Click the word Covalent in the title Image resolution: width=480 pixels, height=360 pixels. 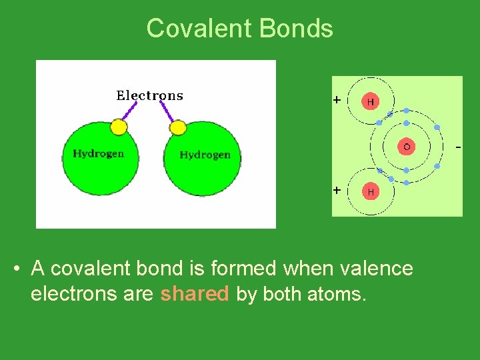[x=198, y=29]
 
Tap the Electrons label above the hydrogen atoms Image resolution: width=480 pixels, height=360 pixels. [x=149, y=95]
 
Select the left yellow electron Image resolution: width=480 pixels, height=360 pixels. [x=119, y=126]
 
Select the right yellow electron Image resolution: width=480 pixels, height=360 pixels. [x=177, y=127]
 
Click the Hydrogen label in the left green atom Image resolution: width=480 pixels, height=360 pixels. [x=99, y=153]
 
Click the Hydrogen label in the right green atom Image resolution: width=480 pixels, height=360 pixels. [x=205, y=155]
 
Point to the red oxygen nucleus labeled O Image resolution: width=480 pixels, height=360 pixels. [x=406, y=147]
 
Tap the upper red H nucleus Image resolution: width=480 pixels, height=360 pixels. [x=370, y=102]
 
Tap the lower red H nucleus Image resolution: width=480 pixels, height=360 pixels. [x=370, y=191]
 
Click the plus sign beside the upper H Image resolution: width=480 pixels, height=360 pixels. [x=337, y=100]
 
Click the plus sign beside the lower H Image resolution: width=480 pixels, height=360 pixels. [x=337, y=190]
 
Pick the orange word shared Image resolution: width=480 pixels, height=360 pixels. [x=194, y=294]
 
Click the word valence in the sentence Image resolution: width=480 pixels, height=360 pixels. [x=376, y=269]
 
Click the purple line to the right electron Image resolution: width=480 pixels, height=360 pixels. [x=167, y=113]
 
